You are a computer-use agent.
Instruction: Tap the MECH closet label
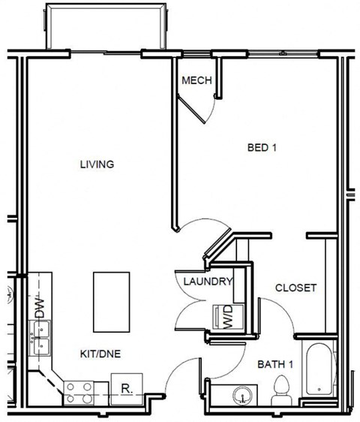pos(196,80)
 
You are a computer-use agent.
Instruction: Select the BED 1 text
pos(262,148)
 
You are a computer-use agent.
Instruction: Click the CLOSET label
pos(295,288)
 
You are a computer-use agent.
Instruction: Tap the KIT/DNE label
pos(101,352)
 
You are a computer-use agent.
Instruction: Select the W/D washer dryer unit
pos(225,317)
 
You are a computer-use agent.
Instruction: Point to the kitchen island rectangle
pos(112,301)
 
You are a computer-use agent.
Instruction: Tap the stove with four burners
pos(79,390)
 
